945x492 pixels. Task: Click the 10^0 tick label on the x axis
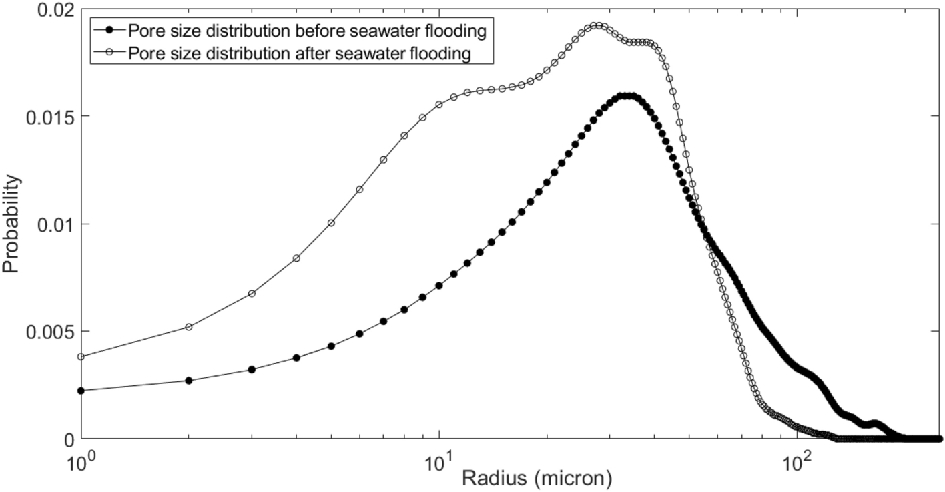pos(80,460)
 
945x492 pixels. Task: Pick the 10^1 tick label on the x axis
pos(438,460)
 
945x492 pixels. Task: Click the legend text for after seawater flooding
pos(304,53)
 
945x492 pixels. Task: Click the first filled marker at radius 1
pos(81,391)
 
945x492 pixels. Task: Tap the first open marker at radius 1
pos(81,357)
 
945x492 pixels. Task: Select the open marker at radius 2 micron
pos(189,327)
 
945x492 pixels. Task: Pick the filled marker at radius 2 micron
pos(189,381)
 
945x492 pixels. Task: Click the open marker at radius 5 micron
pos(331,222)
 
